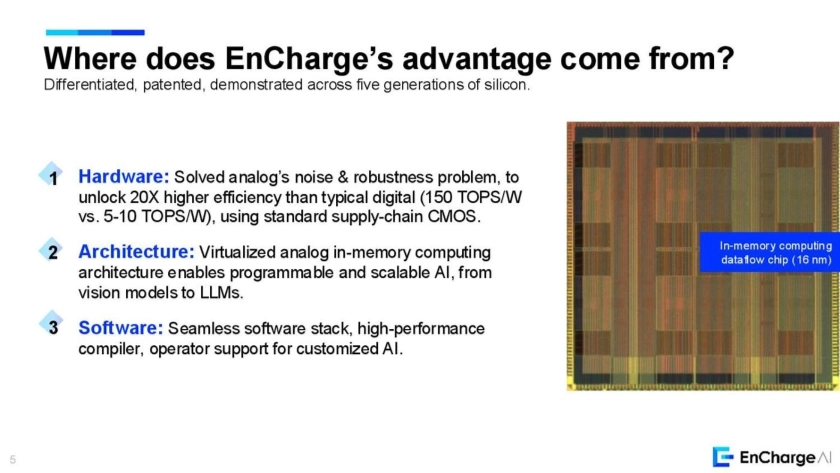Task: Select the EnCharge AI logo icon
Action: coord(723,457)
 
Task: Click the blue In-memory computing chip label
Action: coord(770,252)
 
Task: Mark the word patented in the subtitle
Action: coord(172,85)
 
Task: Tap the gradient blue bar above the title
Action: coord(95,32)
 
